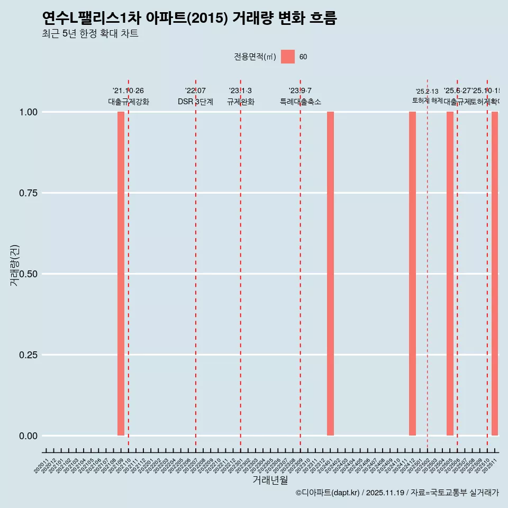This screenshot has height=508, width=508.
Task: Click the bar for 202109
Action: (121, 274)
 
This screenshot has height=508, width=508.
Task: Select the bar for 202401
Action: (330, 274)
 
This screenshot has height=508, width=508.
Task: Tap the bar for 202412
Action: (412, 274)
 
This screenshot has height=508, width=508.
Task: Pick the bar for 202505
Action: (450, 274)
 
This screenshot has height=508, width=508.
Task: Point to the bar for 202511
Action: (495, 274)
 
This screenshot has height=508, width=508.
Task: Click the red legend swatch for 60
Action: (288, 57)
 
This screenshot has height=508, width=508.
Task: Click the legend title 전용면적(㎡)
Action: (255, 57)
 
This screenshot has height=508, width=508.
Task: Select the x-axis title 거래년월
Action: (270, 480)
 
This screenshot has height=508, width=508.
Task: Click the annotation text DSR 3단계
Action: (195, 102)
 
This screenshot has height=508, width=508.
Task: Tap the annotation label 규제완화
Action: (240, 102)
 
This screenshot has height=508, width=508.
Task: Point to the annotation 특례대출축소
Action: (300, 102)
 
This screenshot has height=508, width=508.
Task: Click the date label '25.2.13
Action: (427, 92)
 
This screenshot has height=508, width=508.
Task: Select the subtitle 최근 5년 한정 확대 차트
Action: (90, 34)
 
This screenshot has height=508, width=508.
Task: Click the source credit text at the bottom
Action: (397, 493)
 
